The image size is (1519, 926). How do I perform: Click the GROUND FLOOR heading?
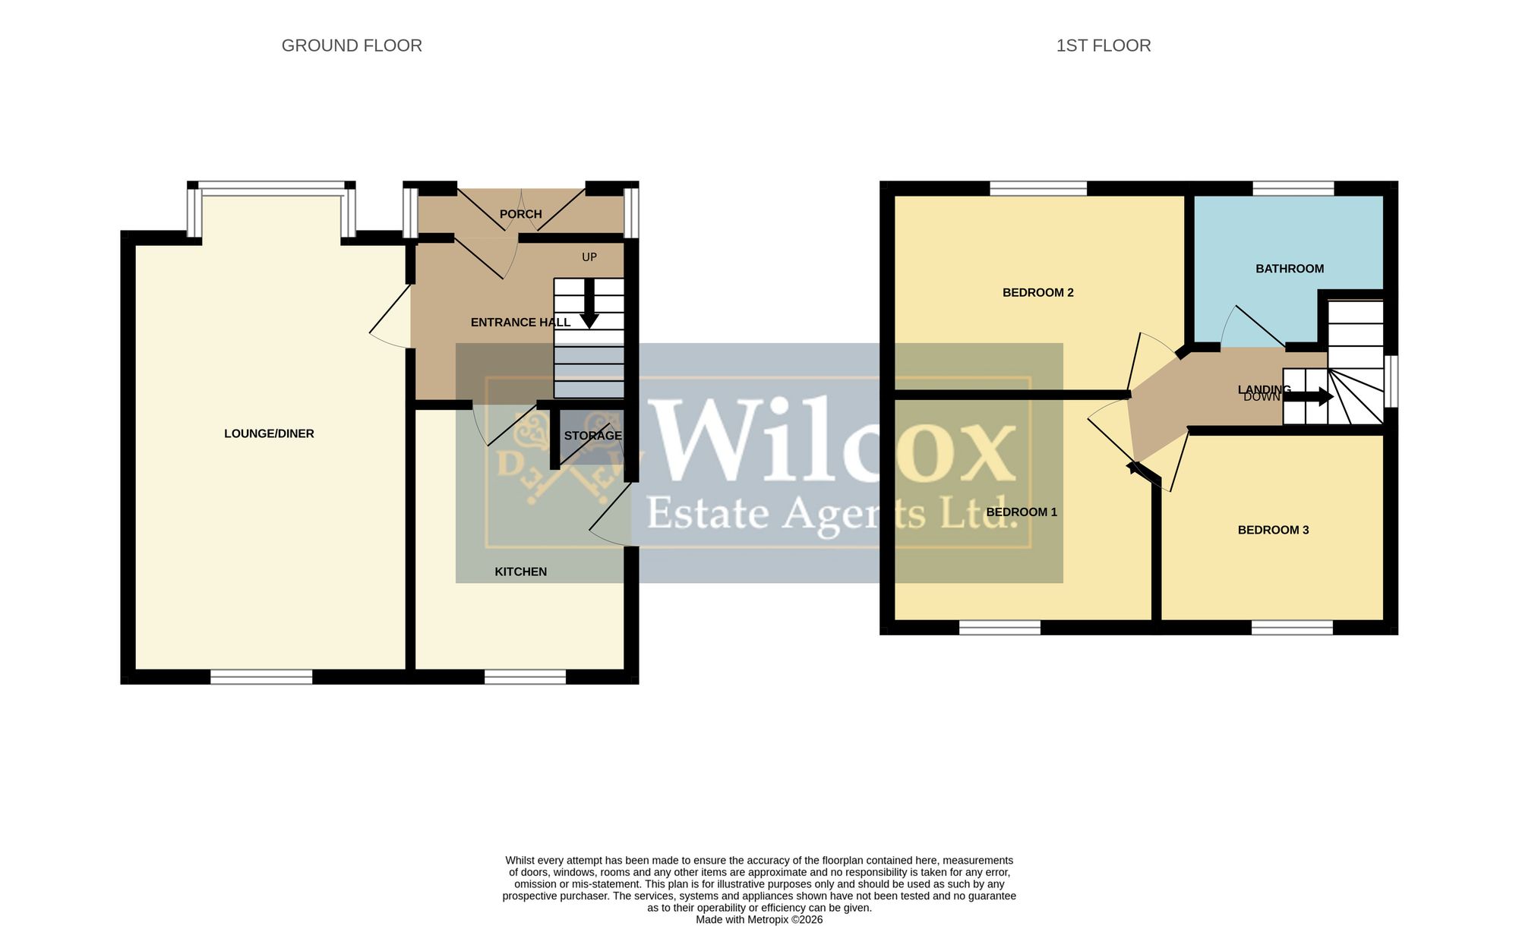coord(352,46)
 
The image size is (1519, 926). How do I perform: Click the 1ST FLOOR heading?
coord(1104,46)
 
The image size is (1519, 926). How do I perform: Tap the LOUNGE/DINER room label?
coord(269,433)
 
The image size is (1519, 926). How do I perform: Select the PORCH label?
coord(521,214)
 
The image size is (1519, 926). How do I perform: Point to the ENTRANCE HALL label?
coord(520,323)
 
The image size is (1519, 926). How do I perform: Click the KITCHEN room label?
coord(521,572)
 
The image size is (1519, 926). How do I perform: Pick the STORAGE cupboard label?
coord(592,436)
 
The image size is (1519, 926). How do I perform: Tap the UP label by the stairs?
coord(589,257)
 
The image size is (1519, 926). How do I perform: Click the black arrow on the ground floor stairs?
coord(589,303)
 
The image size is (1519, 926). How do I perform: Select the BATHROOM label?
coord(1290,269)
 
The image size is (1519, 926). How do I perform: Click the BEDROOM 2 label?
coord(1038,292)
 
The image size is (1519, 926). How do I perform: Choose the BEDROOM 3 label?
coord(1274,530)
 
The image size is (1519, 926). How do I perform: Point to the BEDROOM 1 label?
coord(1022,512)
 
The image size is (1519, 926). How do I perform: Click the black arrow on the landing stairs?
coord(1309,396)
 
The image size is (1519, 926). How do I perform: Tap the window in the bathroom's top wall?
coord(1293,188)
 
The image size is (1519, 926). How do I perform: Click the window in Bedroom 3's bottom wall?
coord(1293,627)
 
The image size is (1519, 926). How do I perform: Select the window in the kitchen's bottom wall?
coord(526,677)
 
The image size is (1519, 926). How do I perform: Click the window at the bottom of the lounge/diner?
coord(261,677)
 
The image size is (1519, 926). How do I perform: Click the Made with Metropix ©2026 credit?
coord(759,919)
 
